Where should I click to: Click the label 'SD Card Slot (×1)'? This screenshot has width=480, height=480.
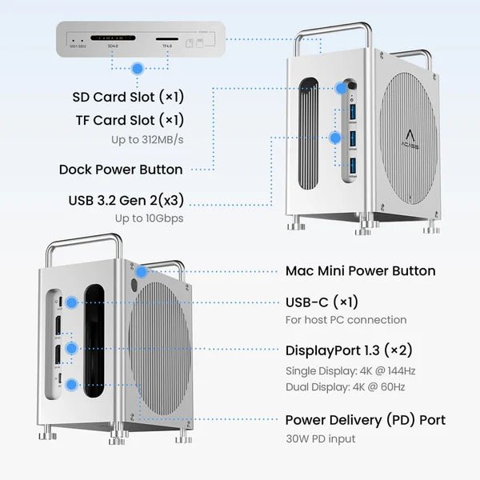click(128, 97)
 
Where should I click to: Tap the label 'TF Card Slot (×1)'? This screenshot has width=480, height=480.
click(128, 120)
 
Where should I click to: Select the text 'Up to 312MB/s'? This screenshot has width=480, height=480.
click(147, 140)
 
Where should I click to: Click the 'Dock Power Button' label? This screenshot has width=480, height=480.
click(120, 170)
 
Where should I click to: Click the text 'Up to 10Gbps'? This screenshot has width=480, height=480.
click(149, 218)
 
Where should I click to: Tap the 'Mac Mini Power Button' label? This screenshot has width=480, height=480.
click(360, 270)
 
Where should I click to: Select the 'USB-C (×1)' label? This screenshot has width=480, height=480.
click(322, 302)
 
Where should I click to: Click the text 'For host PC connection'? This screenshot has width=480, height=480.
click(346, 320)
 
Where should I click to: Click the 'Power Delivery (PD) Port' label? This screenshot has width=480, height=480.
click(365, 420)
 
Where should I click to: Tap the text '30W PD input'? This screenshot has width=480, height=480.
click(320, 438)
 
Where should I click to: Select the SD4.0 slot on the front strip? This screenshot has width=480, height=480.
click(112, 38)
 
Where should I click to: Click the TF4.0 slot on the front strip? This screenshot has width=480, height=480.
click(166, 38)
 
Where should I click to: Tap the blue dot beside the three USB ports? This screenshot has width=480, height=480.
click(335, 137)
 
